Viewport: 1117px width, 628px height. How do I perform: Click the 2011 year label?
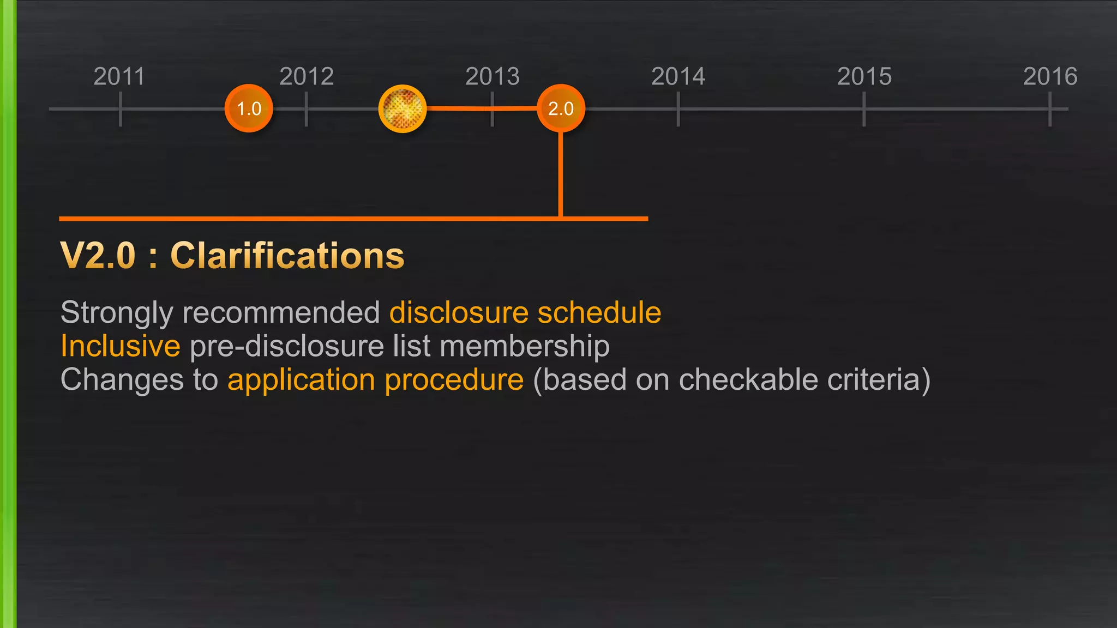click(x=119, y=76)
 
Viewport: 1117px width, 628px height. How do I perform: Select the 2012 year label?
click(x=307, y=76)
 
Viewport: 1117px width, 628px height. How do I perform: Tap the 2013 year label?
click(x=493, y=76)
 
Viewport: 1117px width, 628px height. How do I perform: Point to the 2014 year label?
click(x=678, y=76)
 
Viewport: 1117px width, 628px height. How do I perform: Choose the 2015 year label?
click(x=864, y=76)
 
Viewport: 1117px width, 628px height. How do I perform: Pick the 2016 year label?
click(x=1050, y=76)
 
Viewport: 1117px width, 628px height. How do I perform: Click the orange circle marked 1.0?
click(x=249, y=108)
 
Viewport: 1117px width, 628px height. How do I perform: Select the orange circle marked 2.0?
click(x=561, y=108)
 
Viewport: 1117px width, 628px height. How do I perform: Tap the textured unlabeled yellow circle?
click(x=403, y=108)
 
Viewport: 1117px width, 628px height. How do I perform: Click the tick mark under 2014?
click(x=678, y=109)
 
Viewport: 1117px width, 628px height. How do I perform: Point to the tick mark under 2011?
click(x=120, y=109)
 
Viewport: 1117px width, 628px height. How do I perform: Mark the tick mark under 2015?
click(x=864, y=109)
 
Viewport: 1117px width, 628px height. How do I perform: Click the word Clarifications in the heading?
click(x=287, y=256)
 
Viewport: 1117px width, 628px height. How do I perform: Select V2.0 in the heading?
click(x=98, y=256)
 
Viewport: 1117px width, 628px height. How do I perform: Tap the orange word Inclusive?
click(x=120, y=346)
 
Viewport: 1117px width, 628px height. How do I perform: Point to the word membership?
click(x=524, y=346)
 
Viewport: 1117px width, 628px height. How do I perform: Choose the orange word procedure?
click(x=454, y=379)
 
